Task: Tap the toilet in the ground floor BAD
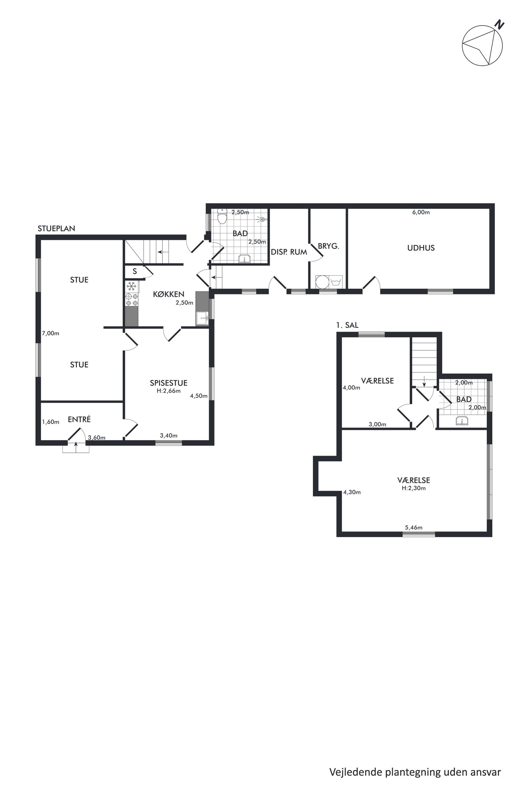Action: point(222,216)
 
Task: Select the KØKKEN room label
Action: point(168,294)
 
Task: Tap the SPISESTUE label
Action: point(168,383)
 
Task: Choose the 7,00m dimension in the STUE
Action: point(51,333)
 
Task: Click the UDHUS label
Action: point(421,248)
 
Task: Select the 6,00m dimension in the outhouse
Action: point(421,212)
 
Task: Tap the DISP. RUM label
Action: point(289,252)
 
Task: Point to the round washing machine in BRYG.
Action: point(322,282)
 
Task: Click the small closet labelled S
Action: point(135,271)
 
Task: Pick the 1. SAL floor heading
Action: point(347,325)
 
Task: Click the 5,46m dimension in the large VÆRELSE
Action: point(414,527)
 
